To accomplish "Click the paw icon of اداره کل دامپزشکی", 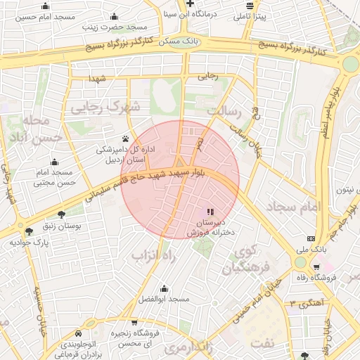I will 125,139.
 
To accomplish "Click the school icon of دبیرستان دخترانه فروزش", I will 209,212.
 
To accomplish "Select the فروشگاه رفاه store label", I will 336,278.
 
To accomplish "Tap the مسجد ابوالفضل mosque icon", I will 164,288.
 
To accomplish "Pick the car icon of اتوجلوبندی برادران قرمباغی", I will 78,333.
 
